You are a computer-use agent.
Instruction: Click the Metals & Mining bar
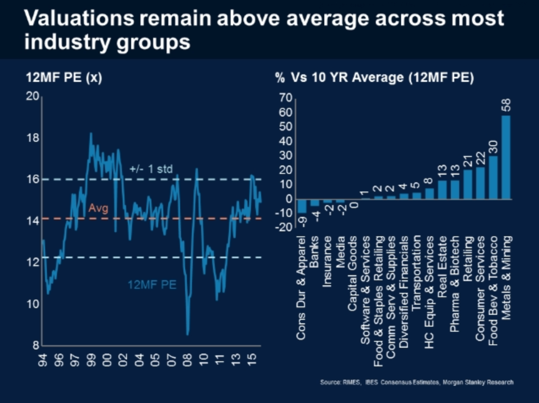[506, 157]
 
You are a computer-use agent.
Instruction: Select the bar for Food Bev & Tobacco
[493, 177]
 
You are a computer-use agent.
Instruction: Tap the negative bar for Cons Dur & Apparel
[302, 206]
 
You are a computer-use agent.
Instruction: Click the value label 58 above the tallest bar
[506, 105]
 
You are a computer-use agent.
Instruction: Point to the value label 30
[493, 146]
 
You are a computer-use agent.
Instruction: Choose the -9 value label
[302, 220]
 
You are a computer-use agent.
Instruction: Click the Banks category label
[314, 252]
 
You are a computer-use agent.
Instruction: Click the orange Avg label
[98, 208]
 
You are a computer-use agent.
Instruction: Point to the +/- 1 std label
[151, 169]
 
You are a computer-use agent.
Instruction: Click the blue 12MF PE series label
[152, 285]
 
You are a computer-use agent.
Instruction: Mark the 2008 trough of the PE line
[188, 333]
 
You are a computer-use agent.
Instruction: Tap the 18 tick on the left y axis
[33, 138]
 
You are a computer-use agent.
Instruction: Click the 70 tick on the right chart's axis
[286, 98]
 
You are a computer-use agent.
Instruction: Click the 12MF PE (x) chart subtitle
[64, 78]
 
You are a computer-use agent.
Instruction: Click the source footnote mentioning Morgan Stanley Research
[417, 382]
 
